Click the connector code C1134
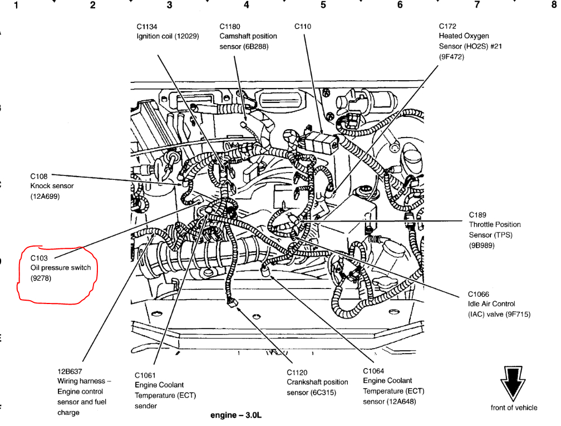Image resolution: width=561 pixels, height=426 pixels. tap(147, 26)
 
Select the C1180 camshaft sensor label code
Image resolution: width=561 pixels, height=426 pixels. tap(231, 26)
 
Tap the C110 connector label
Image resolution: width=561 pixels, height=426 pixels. tap(303, 26)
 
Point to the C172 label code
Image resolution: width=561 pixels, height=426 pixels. tap(447, 26)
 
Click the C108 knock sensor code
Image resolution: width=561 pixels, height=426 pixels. tap(40, 177)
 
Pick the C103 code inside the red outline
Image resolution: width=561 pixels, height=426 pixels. tap(40, 258)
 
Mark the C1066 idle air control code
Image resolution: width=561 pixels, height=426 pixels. tap(479, 294)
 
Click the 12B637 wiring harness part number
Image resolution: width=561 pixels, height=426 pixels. tap(70, 371)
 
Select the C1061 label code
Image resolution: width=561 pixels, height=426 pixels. tap(146, 375)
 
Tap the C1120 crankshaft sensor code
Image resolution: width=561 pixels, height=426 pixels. tap(298, 373)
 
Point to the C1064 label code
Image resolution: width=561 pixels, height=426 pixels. tap(374, 371)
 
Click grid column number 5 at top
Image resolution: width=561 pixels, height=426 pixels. tap(323, 6)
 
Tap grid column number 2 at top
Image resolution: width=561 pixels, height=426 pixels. tap(92, 6)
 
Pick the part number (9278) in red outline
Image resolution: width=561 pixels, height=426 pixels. tap(41, 278)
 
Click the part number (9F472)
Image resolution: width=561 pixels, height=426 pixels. tap(451, 56)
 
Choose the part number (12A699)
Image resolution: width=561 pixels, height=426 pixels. tap(45, 197)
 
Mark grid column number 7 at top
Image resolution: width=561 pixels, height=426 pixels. tap(476, 6)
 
